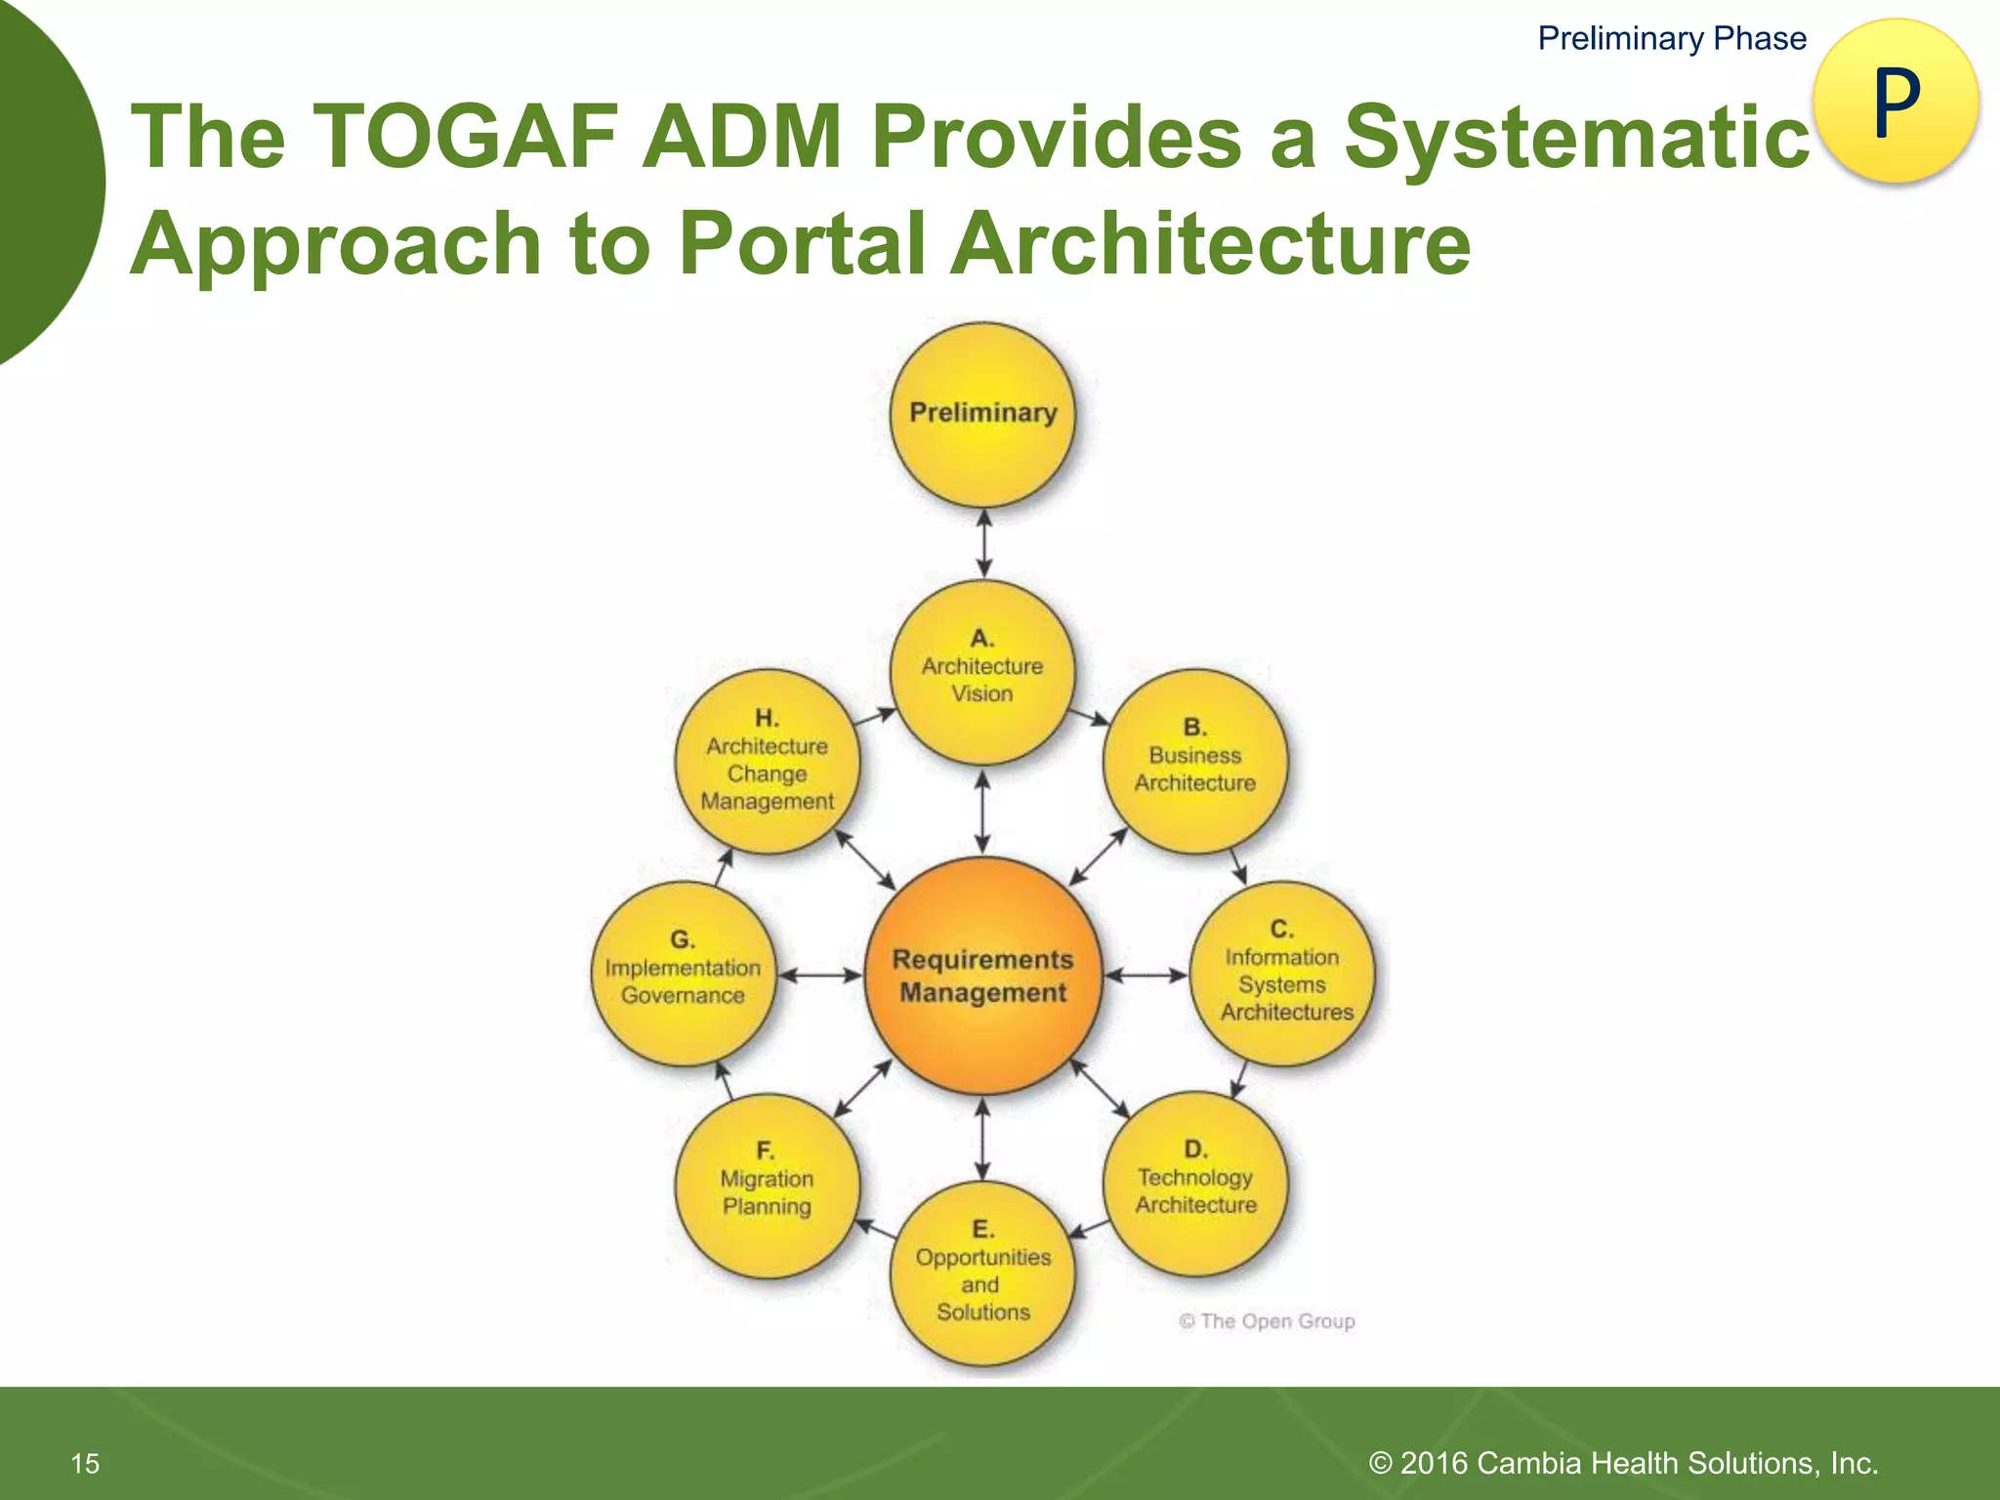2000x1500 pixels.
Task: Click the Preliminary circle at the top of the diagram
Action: click(982, 415)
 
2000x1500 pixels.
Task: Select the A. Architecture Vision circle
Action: click(982, 672)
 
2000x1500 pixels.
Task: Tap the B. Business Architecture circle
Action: click(1194, 761)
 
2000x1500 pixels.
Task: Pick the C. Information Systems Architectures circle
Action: click(1281, 973)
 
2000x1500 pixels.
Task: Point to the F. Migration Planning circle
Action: click(767, 1185)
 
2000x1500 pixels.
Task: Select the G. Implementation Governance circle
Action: click(683, 973)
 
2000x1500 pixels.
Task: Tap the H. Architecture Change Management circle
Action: click(767, 762)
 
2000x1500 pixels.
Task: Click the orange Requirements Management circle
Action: click(982, 976)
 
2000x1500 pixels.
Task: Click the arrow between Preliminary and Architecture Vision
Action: click(983, 543)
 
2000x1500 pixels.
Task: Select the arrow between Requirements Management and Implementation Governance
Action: click(820, 975)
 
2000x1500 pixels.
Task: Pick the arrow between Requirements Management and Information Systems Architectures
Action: click(1146, 975)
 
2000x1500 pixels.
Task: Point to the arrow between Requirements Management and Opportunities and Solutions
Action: click(982, 1138)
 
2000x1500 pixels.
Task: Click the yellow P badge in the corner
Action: click(1896, 102)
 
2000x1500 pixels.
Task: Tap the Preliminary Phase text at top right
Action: click(1671, 38)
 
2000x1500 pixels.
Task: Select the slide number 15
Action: click(85, 1463)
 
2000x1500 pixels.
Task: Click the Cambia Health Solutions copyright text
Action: click(1623, 1463)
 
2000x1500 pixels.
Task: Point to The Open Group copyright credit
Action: click(1267, 1321)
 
